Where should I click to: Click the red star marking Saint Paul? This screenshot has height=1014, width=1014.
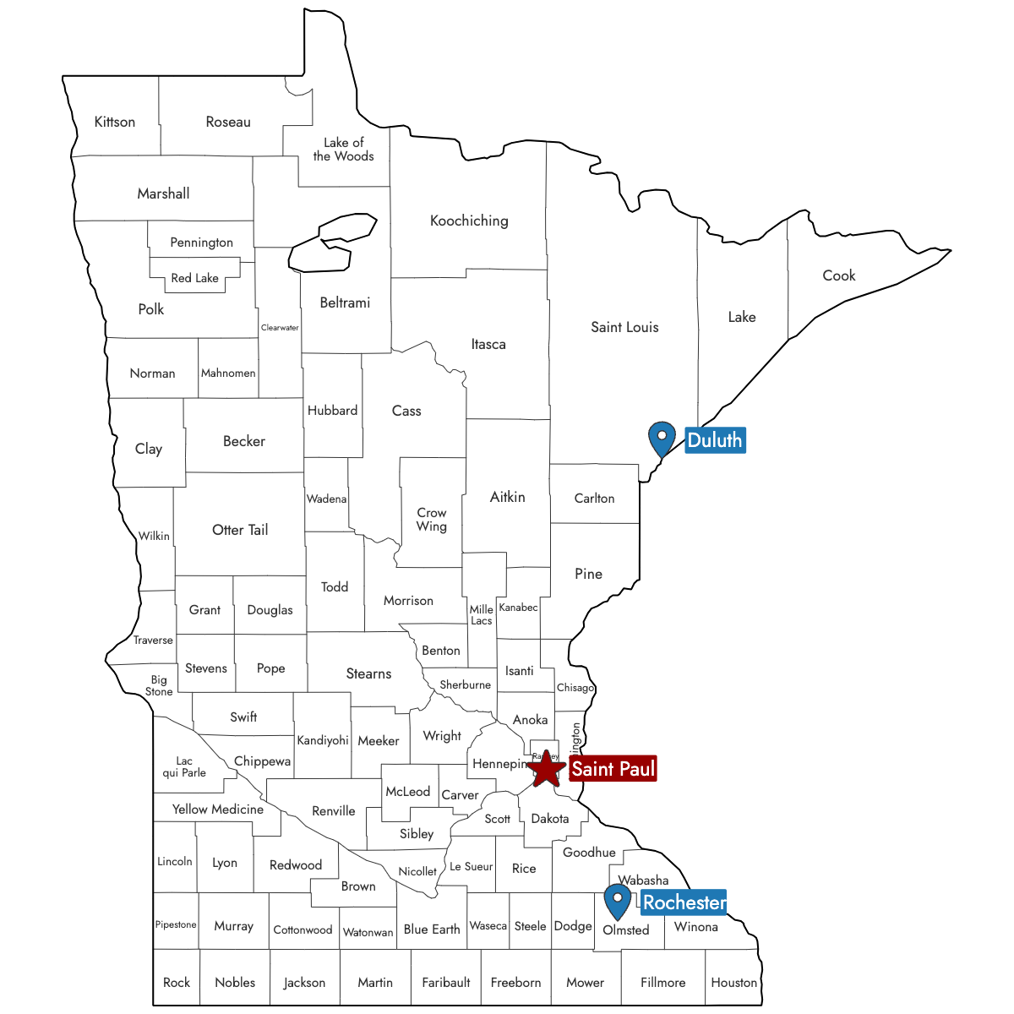547,769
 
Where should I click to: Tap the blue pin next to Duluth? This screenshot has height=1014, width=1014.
662,438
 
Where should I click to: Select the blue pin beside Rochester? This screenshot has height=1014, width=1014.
618,900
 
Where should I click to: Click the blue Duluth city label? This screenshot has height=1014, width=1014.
715,440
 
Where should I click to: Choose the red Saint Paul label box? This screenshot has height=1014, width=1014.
613,769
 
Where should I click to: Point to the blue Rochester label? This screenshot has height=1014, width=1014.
684,902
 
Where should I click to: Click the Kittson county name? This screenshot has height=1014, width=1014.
115,122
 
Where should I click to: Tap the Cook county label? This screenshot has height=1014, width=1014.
839,275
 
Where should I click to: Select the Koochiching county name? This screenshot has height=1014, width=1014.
469,221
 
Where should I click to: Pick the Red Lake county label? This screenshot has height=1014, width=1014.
194,278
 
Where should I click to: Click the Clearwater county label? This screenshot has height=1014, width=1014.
280,328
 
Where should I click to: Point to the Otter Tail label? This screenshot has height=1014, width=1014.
240,530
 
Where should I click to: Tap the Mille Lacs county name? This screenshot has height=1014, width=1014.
482,614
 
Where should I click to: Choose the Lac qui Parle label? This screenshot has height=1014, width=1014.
184,766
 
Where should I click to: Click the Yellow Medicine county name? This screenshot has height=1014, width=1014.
218,810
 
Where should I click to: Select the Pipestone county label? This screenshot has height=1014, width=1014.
176,924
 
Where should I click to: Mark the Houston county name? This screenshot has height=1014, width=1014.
733,982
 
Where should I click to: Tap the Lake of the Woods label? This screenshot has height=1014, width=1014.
343,150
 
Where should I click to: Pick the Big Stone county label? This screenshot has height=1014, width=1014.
159,685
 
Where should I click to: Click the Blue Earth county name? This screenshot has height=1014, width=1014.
432,929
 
